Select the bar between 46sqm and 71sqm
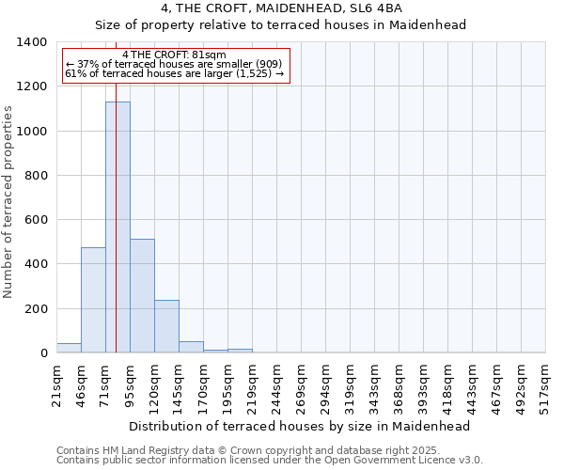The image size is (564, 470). tap(93, 300)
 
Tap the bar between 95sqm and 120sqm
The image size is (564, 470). tap(142, 296)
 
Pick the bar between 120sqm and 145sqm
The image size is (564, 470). tap(166, 326)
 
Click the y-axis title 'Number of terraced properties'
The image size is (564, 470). tap(9, 202)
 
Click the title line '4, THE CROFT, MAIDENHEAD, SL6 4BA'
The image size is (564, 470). tap(282, 8)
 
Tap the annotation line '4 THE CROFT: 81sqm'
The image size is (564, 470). tap(174, 55)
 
